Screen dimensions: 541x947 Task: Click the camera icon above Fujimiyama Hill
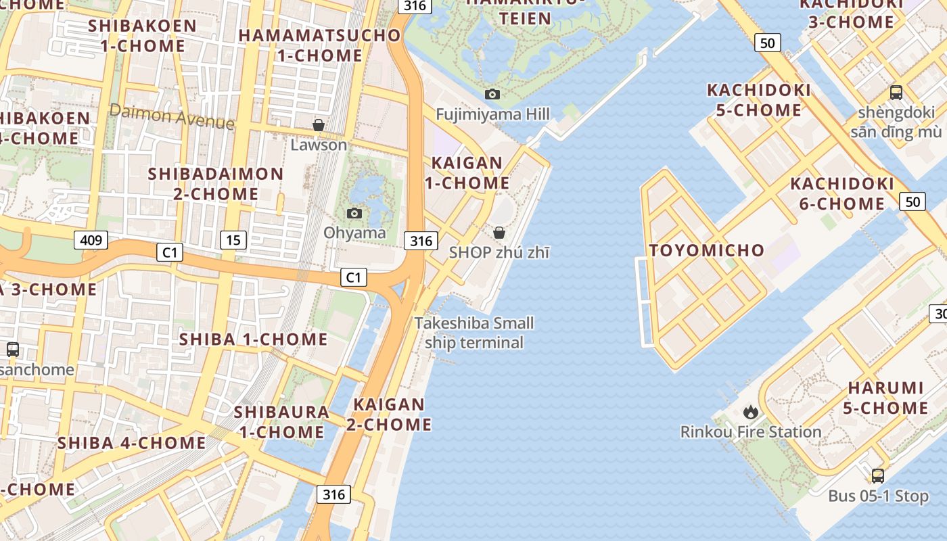pyautogui.click(x=492, y=94)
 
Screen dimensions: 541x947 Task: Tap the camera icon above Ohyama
pyautogui.click(x=354, y=214)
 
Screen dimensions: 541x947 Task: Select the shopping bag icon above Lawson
pyautogui.click(x=318, y=125)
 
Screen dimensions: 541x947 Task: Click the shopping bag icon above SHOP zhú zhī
pyautogui.click(x=499, y=233)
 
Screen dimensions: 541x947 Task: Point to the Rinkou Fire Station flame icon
pyautogui.click(x=750, y=412)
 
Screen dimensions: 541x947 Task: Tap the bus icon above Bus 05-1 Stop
pyautogui.click(x=877, y=475)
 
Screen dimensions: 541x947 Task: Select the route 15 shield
pyautogui.click(x=233, y=239)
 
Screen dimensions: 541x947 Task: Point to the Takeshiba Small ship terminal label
pyautogui.click(x=474, y=333)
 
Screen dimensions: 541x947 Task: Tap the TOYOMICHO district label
pyautogui.click(x=706, y=250)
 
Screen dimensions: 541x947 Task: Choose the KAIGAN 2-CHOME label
pyautogui.click(x=389, y=415)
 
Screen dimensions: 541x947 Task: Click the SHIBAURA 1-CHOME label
pyautogui.click(x=281, y=421)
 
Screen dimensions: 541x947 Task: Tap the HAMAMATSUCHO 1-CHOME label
pyautogui.click(x=319, y=45)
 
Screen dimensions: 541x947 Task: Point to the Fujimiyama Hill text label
pyautogui.click(x=492, y=114)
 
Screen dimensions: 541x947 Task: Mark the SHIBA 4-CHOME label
pyautogui.click(x=131, y=443)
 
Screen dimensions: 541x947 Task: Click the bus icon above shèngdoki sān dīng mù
pyautogui.click(x=896, y=93)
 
